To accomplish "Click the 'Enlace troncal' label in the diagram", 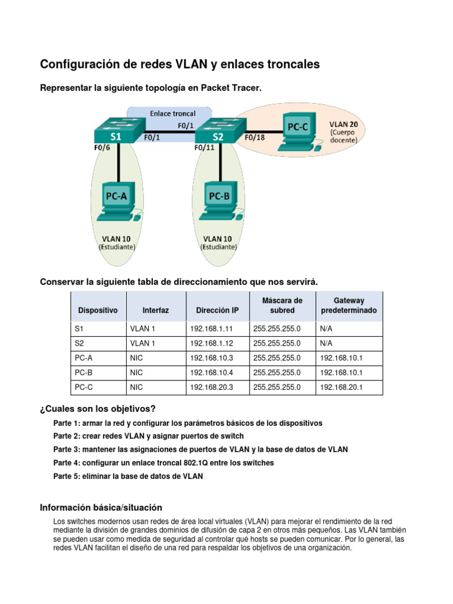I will [x=172, y=113].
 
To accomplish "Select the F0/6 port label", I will [x=101, y=148].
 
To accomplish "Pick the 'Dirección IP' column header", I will [x=210, y=310].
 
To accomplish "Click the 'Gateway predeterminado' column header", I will [x=349, y=306].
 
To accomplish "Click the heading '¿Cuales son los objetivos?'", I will [x=97, y=409].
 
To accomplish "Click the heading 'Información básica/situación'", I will [x=101, y=507].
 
